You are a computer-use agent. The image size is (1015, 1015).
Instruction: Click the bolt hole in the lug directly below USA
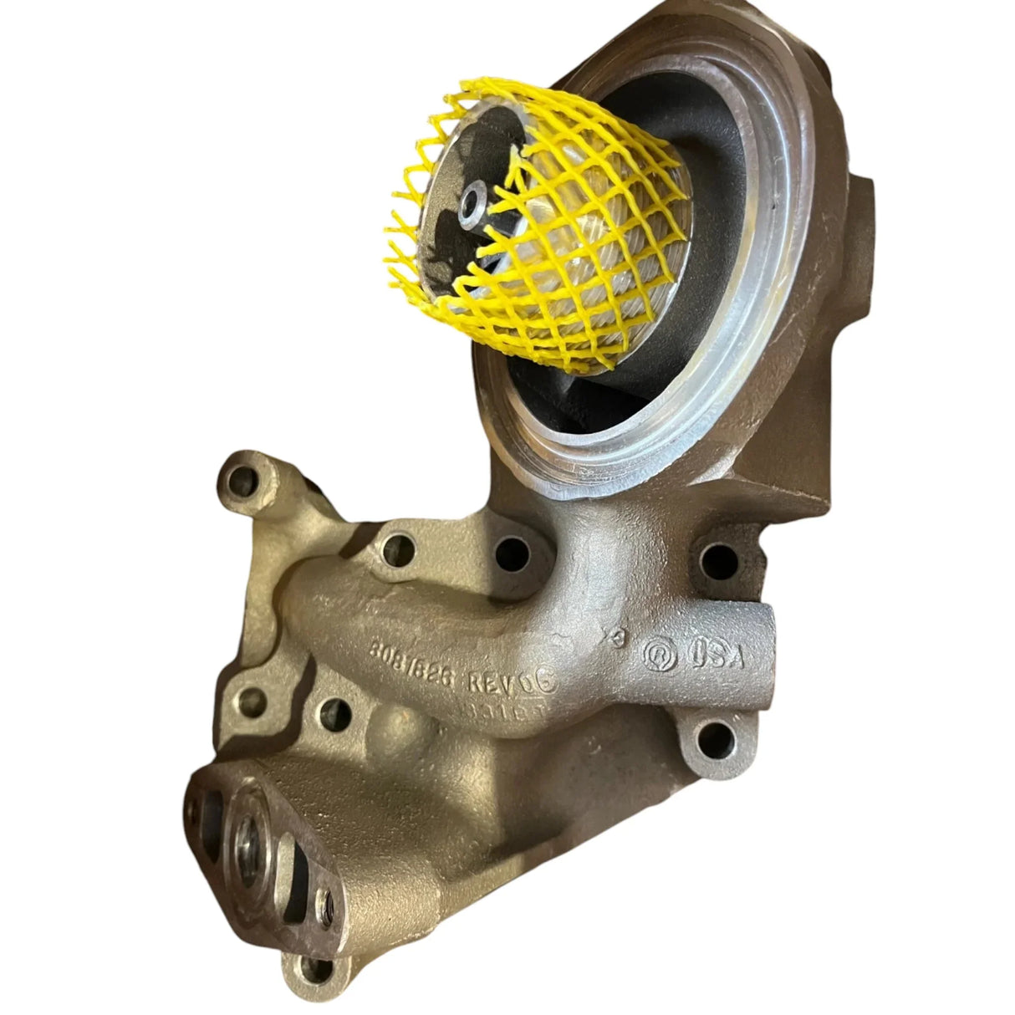[712, 737]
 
